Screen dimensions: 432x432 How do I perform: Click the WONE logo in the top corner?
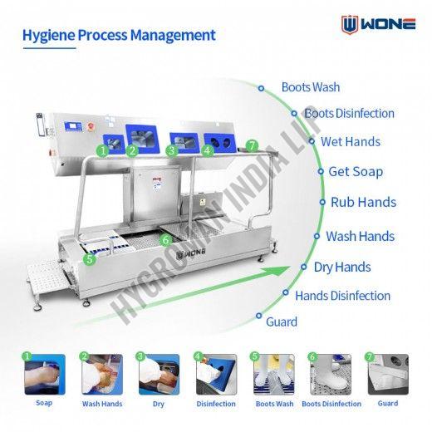(378, 24)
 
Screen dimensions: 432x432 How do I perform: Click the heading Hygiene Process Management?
(119, 36)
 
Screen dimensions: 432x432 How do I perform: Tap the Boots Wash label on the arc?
(311, 87)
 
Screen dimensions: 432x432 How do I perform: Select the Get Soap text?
(356, 172)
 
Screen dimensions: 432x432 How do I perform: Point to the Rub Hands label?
(364, 202)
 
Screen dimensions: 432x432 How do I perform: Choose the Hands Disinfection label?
(343, 296)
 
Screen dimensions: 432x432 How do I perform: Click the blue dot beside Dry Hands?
(304, 267)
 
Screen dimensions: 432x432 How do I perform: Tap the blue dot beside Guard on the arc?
(259, 316)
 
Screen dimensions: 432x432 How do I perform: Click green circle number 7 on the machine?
(252, 146)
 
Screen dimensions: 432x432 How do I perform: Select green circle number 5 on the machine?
(90, 259)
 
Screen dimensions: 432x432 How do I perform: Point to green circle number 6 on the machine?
(166, 240)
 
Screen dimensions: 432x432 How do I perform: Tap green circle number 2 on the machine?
(132, 150)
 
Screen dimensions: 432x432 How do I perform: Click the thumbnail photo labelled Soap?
(45, 375)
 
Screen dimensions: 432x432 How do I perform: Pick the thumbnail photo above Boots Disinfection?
(331, 375)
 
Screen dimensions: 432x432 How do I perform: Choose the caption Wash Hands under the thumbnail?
(102, 404)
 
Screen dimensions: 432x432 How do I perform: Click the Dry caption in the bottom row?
(159, 404)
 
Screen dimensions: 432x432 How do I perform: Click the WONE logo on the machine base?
(191, 253)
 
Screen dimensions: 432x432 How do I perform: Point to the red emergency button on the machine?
(91, 126)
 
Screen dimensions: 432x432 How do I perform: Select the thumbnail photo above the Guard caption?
(388, 375)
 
